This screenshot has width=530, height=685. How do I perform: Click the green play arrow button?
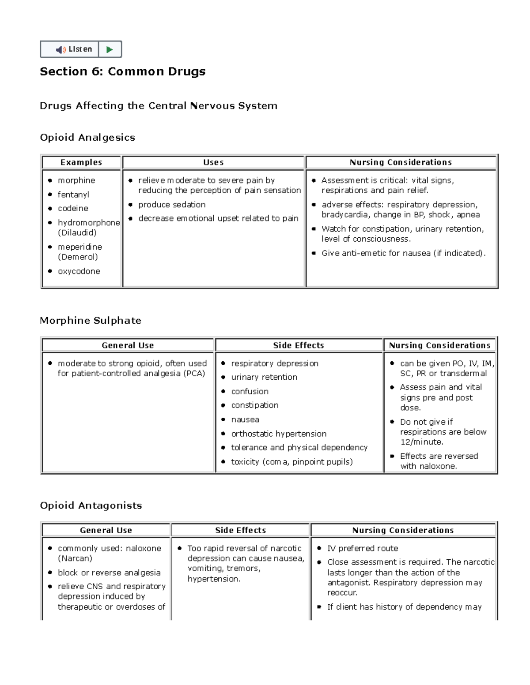(x=110, y=49)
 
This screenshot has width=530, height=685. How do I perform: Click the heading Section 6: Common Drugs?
(x=122, y=71)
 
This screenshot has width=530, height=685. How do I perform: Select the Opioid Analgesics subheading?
(x=87, y=138)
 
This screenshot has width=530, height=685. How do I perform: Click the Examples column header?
(x=81, y=162)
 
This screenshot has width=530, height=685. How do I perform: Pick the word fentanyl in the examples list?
(x=73, y=195)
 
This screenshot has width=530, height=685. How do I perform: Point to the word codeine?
(x=73, y=208)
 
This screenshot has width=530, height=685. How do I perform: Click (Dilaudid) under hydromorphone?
(x=77, y=232)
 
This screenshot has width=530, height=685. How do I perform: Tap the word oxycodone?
(x=79, y=271)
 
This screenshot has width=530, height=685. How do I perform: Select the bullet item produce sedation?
(x=172, y=205)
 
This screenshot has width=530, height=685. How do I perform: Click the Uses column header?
(x=213, y=162)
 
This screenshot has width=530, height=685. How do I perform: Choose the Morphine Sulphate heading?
(x=91, y=321)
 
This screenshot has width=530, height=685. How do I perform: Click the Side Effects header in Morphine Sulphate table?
(x=299, y=345)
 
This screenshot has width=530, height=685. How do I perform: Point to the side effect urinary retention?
(x=264, y=377)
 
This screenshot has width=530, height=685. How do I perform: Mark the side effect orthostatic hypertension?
(x=279, y=434)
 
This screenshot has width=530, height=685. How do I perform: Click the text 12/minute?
(x=422, y=442)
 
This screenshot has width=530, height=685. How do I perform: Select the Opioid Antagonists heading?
(x=91, y=505)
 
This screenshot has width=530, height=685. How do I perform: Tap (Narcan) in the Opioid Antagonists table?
(x=75, y=558)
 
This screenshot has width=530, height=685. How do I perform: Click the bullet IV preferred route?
(x=362, y=548)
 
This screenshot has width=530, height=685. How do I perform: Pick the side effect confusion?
(x=250, y=391)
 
